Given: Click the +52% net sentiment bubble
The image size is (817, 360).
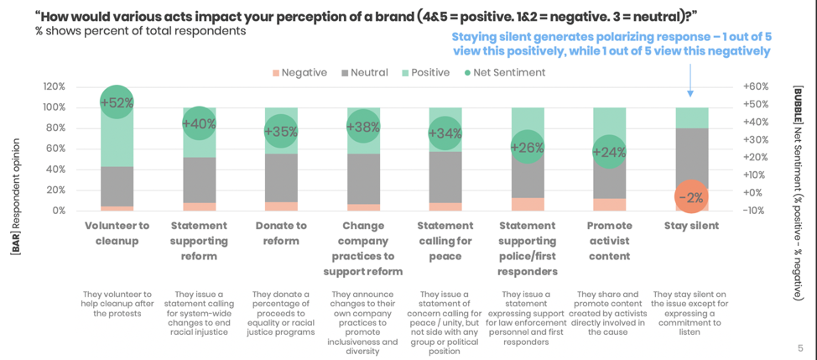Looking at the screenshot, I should [117, 103].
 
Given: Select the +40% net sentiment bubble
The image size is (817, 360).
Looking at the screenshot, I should [198, 124].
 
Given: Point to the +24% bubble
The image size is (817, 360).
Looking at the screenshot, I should [609, 152].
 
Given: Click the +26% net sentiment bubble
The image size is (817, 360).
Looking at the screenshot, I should [526, 148].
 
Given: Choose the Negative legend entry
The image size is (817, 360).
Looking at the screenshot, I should [299, 73].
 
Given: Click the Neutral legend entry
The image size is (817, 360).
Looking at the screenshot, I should [364, 73].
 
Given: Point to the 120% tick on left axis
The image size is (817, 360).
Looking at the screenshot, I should [53, 86].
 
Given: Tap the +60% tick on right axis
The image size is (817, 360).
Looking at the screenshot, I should [757, 86].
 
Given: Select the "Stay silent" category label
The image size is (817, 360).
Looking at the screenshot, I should [691, 226].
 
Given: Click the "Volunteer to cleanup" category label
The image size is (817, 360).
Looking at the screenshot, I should [117, 233].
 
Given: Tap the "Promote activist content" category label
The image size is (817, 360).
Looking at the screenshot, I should [609, 241].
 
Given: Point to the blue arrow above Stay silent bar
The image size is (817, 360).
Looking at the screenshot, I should [690, 81].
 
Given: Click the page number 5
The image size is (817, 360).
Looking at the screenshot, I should [799, 347].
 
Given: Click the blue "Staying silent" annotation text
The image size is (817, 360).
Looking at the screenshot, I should [611, 44].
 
